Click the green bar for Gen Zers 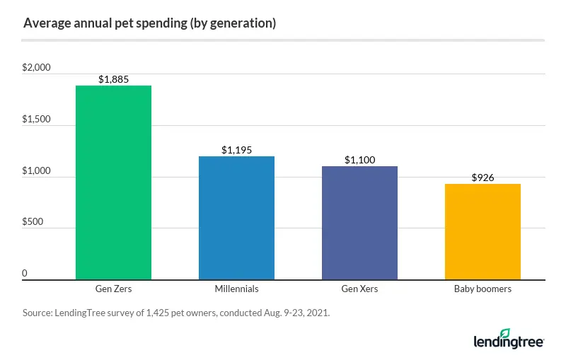click(113, 182)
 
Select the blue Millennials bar click(236, 218)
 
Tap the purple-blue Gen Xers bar click(359, 223)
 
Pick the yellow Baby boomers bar click(483, 231)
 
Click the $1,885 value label click(113, 79)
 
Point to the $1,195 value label click(236, 150)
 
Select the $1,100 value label click(359, 160)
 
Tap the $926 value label click(483, 178)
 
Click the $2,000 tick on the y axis click(37, 68)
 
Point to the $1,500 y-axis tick click(37, 120)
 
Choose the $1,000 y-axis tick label click(37, 171)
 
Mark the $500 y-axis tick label click(33, 222)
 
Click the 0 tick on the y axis click(25, 273)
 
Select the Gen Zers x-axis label click(113, 289)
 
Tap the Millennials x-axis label click(236, 289)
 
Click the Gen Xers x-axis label click(359, 289)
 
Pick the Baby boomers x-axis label click(483, 289)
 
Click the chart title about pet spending click(149, 23)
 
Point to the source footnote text click(176, 312)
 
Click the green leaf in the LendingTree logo click(505, 332)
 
